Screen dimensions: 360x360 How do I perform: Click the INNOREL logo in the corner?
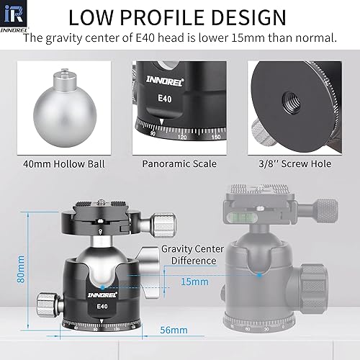click(14, 17)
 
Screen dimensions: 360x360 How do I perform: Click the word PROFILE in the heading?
click(158, 17)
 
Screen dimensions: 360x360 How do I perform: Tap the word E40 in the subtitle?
click(145, 37)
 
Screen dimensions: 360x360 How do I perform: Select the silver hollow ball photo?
click(64, 108)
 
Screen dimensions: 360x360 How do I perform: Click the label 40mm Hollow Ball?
click(64, 164)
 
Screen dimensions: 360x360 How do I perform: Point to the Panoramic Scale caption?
click(179, 164)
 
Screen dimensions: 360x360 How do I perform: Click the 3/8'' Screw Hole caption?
click(295, 163)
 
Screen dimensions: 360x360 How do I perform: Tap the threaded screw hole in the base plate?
click(291, 100)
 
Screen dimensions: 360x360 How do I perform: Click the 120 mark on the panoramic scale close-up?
click(182, 138)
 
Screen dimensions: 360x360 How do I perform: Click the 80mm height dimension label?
click(21, 269)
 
